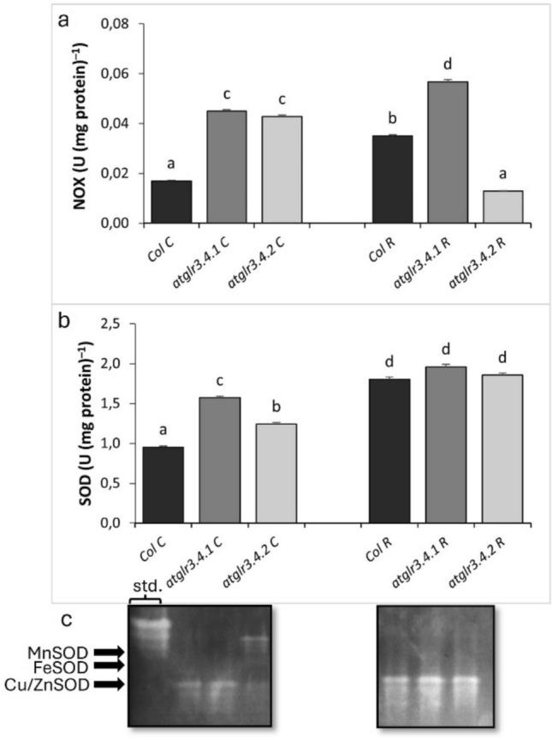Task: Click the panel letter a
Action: (63, 21)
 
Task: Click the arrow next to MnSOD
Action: (108, 651)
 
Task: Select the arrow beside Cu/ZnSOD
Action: (108, 684)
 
